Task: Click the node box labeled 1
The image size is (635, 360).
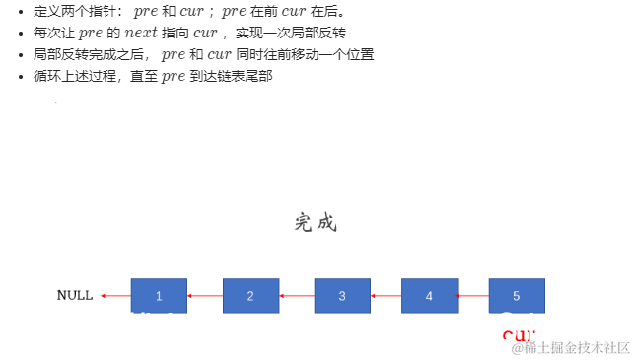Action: pyautogui.click(x=159, y=296)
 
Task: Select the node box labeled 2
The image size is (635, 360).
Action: pyautogui.click(x=250, y=296)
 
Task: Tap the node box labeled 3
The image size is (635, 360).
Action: pyautogui.click(x=342, y=296)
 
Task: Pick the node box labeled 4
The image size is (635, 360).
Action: pyautogui.click(x=429, y=296)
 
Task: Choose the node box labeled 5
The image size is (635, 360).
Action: pyautogui.click(x=517, y=296)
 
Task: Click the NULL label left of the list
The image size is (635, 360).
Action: pyautogui.click(x=75, y=295)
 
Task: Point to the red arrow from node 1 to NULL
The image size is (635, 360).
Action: pyautogui.click(x=115, y=296)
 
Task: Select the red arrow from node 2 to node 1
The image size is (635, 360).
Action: pyautogui.click(x=204, y=296)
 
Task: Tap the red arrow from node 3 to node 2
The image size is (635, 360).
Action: pyautogui.click(x=296, y=296)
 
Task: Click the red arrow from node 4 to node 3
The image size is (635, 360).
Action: pyautogui.click(x=386, y=296)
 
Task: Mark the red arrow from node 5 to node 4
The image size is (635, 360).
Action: pyautogui.click(x=472, y=296)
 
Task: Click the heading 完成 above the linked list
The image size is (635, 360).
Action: pyautogui.click(x=316, y=223)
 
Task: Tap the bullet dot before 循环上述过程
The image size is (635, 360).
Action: pyautogui.click(x=22, y=76)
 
